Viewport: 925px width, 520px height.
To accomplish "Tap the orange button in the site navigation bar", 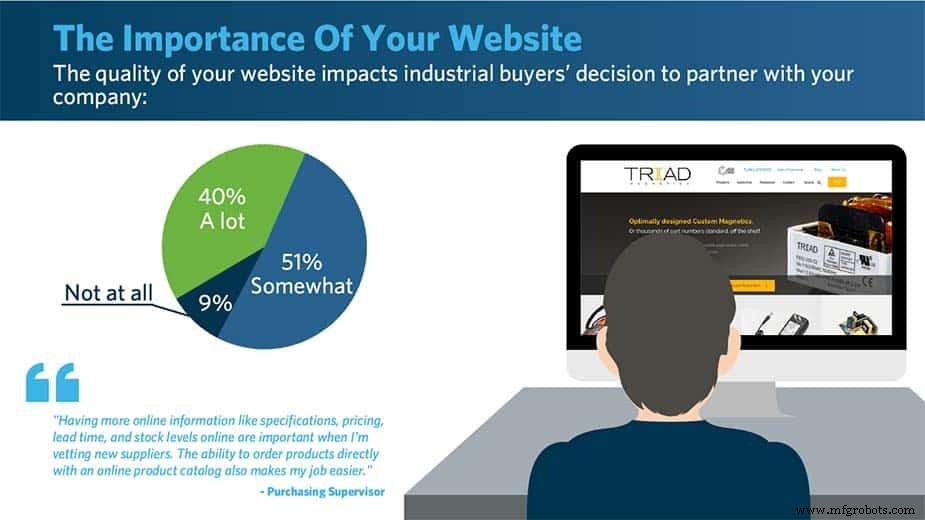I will coord(837,182).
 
